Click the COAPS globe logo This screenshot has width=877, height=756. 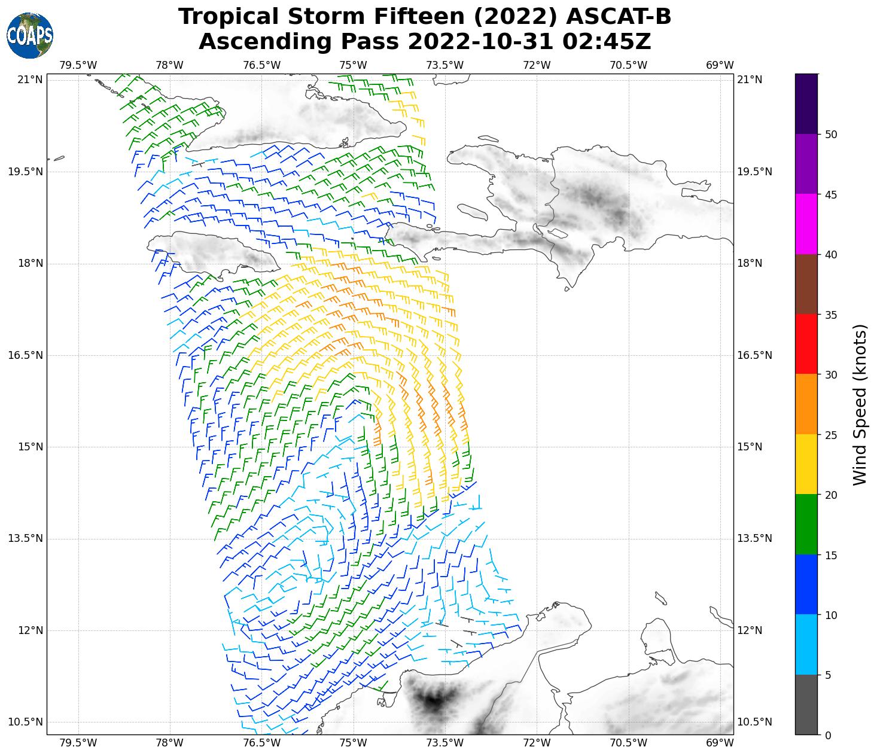click(30, 36)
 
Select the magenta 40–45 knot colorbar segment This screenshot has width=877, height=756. click(806, 224)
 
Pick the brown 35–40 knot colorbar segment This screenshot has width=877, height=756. click(806, 284)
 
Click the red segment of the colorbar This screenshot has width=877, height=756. click(806, 344)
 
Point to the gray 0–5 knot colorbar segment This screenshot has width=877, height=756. click(806, 705)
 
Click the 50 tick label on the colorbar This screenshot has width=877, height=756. click(830, 135)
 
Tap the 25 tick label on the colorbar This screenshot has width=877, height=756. click(830, 435)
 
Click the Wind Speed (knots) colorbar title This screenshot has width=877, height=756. click(859, 405)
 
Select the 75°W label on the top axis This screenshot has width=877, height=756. click(353, 65)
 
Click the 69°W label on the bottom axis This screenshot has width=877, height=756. click(720, 742)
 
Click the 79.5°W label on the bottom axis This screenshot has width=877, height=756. click(78, 742)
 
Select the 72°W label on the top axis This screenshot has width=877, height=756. click(537, 65)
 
